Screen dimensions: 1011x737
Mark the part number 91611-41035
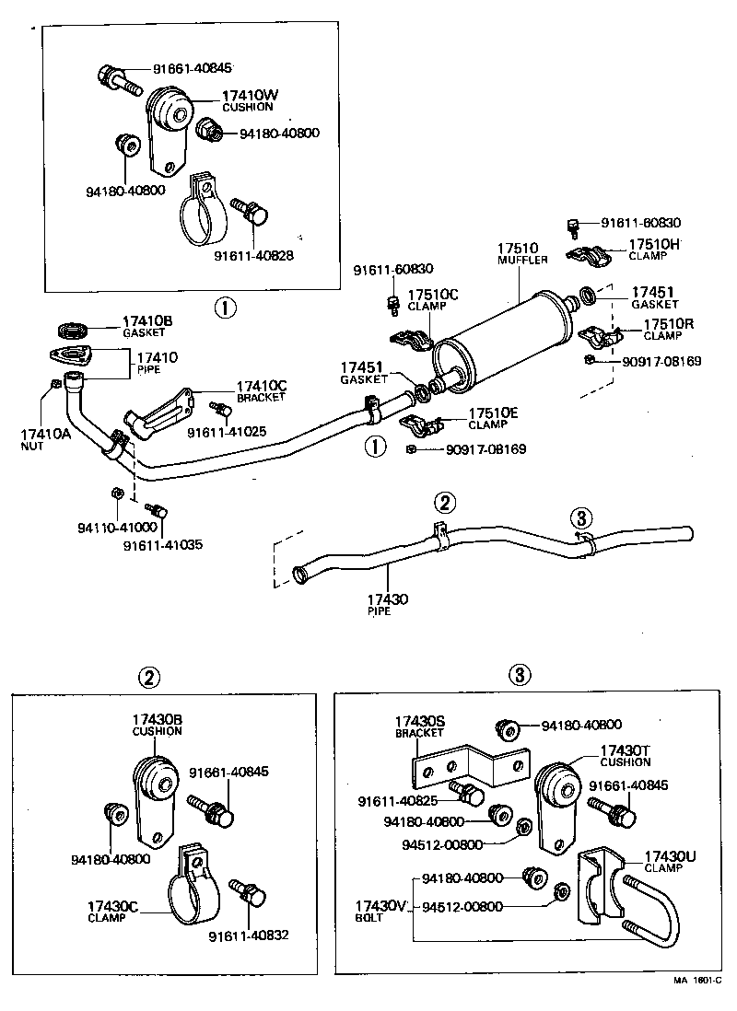click(x=162, y=545)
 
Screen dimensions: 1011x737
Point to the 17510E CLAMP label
click(x=493, y=419)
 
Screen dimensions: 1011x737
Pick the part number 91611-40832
click(x=248, y=935)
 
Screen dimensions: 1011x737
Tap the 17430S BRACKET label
click(x=420, y=726)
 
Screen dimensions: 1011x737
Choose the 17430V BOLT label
click(x=380, y=912)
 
